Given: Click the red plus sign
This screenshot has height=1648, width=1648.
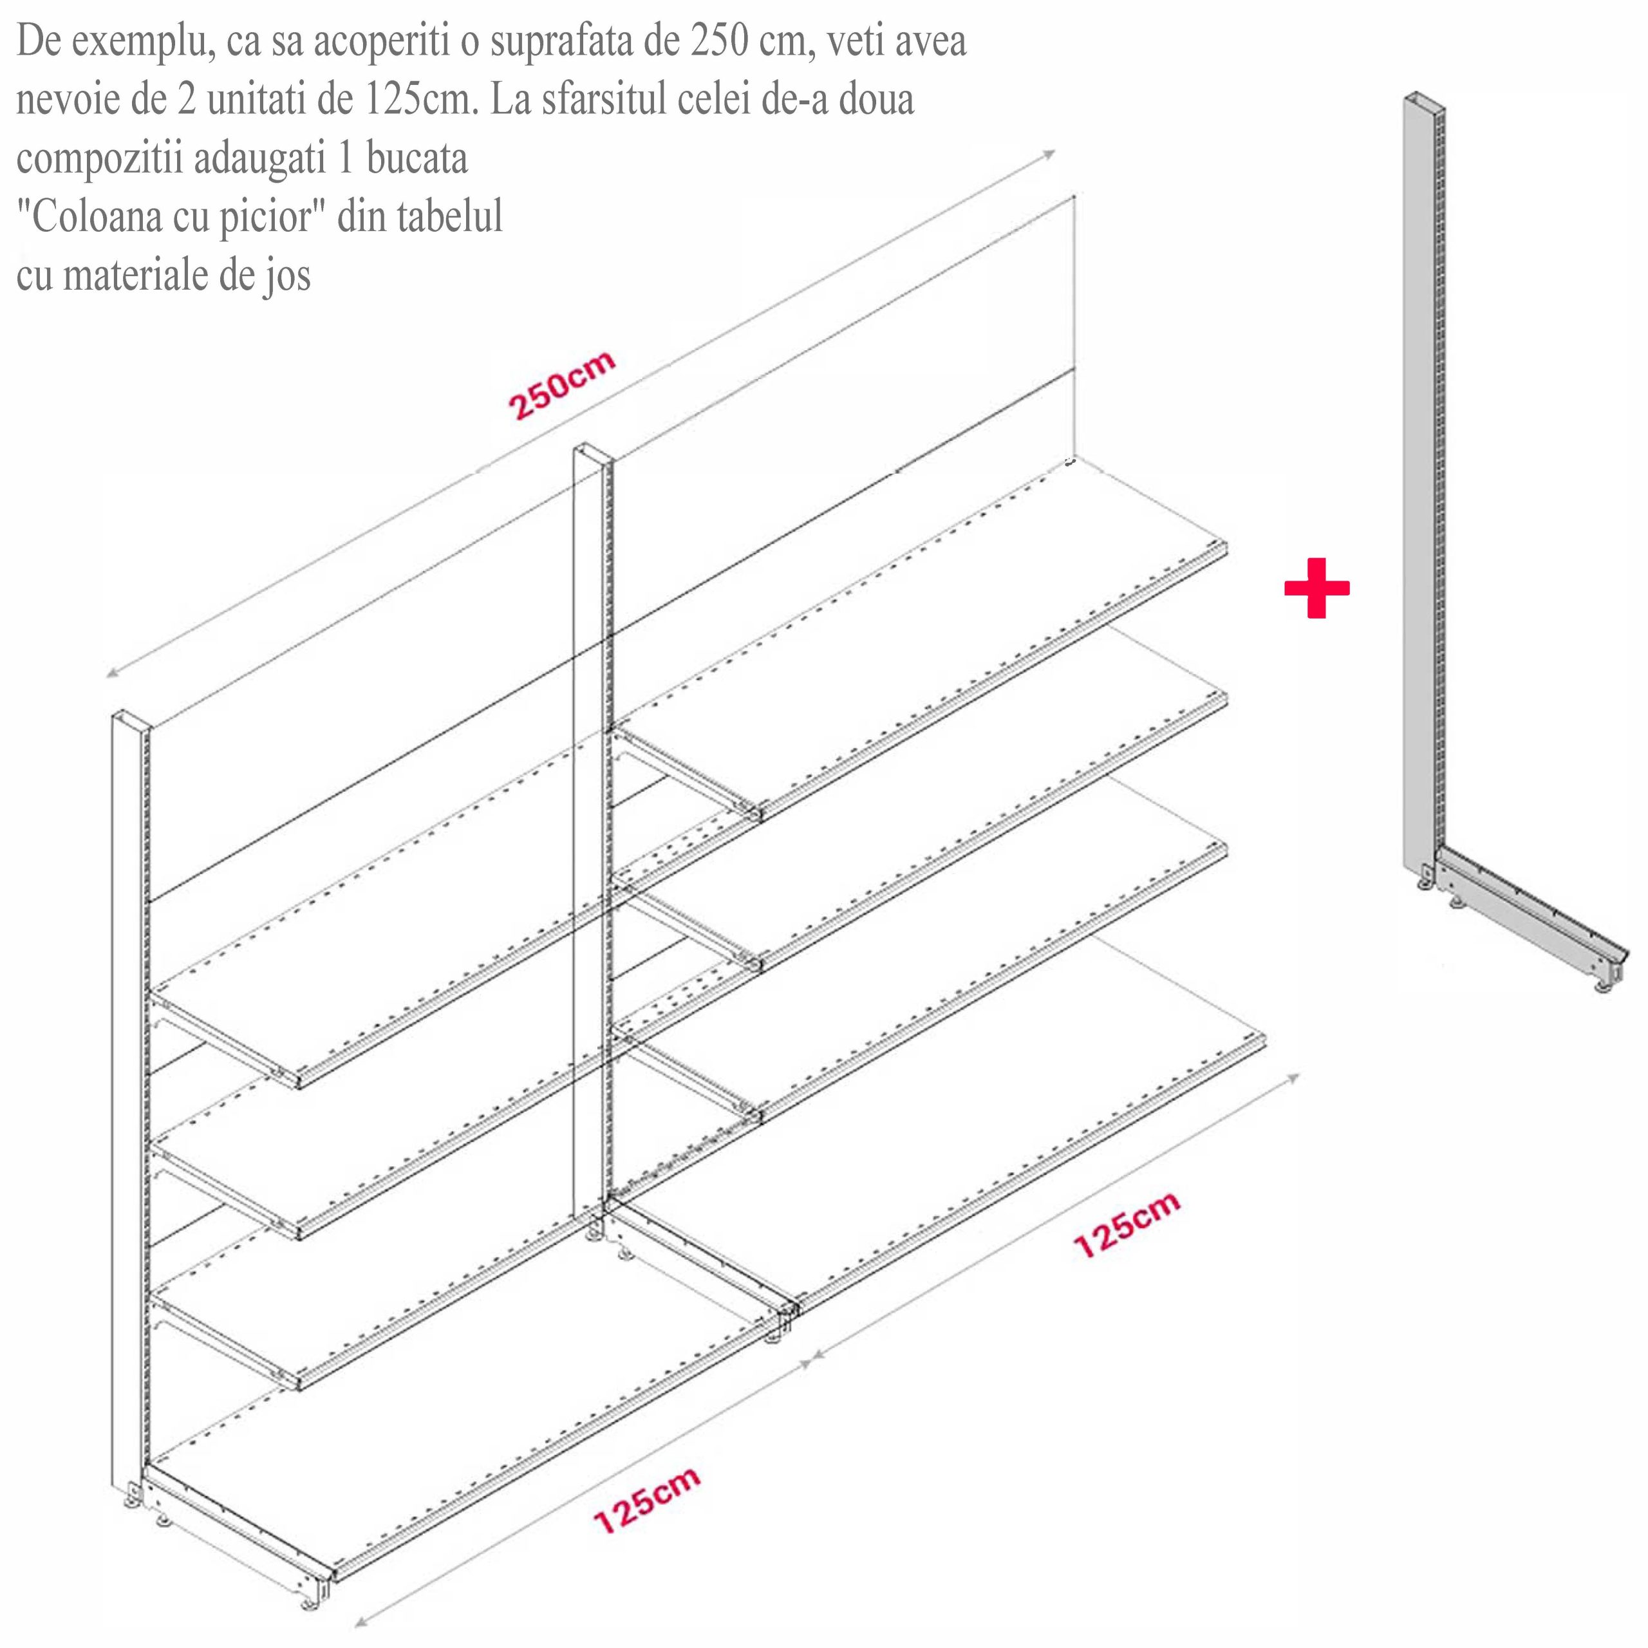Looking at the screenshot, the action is (x=1316, y=588).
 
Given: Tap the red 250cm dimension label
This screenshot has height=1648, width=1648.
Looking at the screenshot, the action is (x=562, y=385).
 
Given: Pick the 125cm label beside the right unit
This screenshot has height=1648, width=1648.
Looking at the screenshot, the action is (x=1127, y=1225).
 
